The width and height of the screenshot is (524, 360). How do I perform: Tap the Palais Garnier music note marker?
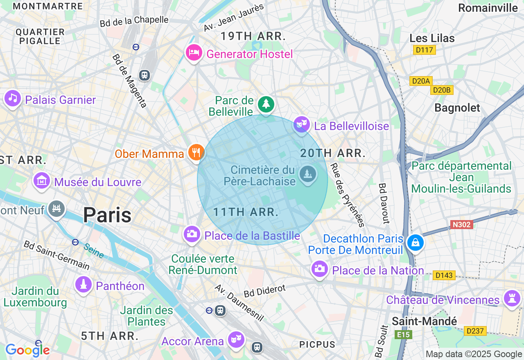coord(13,98)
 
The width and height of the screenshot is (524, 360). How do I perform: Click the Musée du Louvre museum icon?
coord(42,180)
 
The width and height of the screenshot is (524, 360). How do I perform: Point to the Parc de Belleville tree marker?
coord(266,104)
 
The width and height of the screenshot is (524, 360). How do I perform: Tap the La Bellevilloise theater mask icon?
coord(301,124)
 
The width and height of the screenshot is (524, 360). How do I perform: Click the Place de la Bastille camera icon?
coord(192,234)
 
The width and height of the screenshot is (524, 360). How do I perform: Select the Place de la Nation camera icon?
coord(319,269)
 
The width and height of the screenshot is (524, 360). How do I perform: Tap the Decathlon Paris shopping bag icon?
coord(415,243)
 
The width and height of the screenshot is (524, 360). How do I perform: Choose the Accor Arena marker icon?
coord(236,339)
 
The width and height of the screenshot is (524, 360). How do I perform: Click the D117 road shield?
coord(424,50)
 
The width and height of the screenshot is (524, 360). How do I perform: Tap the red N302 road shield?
coord(462,224)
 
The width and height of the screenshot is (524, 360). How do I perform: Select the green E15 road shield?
coord(403,335)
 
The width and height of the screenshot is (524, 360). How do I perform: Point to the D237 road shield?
coord(475,331)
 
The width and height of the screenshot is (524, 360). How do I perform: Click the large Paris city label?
coord(107,215)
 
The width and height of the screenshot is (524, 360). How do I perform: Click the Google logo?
coord(27,350)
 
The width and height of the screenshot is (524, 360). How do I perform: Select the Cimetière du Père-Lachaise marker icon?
coord(307,174)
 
